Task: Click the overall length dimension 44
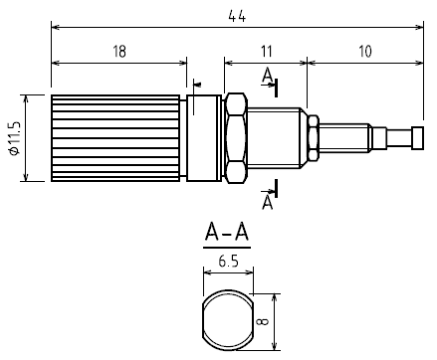(x=237, y=16)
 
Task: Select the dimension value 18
(x=119, y=52)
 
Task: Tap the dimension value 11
(x=266, y=52)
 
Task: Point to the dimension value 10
(x=365, y=52)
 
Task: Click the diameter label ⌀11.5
(x=15, y=138)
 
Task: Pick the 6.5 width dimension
(x=228, y=262)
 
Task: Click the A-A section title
(x=227, y=232)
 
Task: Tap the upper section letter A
(x=267, y=76)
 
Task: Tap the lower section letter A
(x=267, y=202)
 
